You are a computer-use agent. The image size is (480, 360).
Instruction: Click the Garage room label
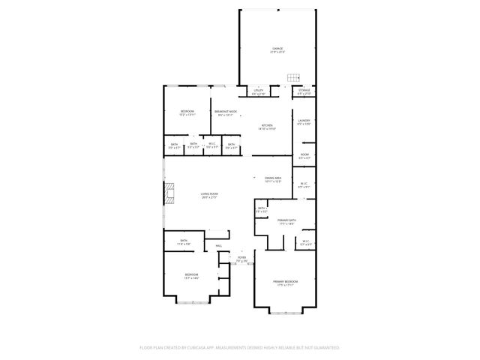pos(278,49)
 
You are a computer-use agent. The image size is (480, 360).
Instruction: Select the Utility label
pos(258,91)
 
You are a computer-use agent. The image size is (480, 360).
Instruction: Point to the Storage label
pos(304,91)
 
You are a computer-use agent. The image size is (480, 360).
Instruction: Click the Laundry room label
pos(304,121)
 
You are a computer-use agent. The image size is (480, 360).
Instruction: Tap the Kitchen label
pos(267,127)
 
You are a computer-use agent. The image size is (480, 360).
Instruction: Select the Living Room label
pos(208,196)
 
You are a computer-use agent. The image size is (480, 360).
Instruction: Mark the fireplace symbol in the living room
pos(169,193)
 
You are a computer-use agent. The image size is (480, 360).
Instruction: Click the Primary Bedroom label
pos(283,283)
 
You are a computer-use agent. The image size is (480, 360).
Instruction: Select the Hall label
pos(219,245)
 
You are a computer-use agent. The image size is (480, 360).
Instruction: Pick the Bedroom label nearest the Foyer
pos(191,276)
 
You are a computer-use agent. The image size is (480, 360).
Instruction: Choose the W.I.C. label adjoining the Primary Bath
pos(306,242)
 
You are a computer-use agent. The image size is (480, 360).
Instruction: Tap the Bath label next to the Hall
pos(184,242)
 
